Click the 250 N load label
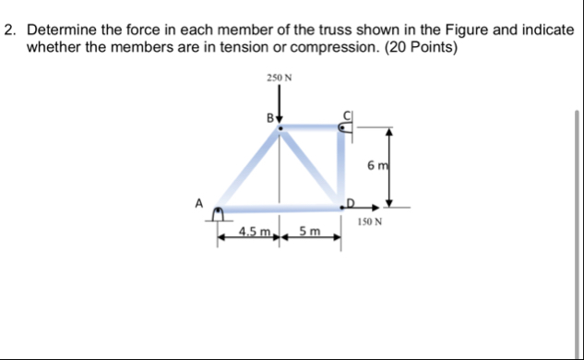pos(280,78)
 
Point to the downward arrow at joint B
pos(280,110)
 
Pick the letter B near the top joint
pos(269,118)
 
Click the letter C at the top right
pos(348,115)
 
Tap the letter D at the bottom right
pos(350,200)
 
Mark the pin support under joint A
pos(219,215)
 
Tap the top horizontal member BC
pos(312,130)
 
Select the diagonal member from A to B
pos(249,169)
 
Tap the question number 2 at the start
pos(10,30)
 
